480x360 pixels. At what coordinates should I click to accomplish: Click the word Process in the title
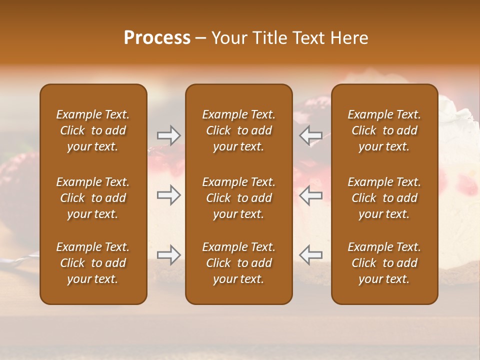157,38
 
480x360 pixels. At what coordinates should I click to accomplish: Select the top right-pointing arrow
168,135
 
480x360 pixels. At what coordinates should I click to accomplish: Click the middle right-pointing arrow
168,195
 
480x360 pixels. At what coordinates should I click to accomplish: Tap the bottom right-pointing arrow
168,255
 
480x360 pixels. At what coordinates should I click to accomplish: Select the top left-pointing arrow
311,135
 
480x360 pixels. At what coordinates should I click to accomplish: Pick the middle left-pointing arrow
311,195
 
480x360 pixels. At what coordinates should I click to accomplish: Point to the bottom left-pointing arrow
311,255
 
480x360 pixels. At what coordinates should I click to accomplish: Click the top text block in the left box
93,130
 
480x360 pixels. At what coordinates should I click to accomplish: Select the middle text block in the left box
93,198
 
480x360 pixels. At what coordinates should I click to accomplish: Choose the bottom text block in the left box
93,263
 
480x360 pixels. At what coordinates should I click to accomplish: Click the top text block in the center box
238,130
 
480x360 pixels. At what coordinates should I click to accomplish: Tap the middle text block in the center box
238,198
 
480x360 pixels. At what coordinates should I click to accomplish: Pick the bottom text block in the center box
238,263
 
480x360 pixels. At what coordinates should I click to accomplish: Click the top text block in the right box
384,130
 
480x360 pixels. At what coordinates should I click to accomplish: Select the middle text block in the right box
384,198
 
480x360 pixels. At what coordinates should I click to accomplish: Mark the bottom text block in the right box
384,263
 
